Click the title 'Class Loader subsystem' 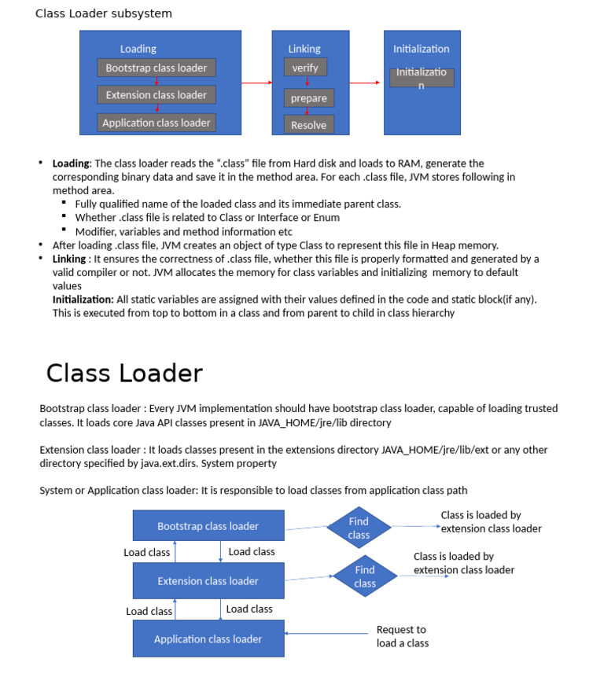coord(104,13)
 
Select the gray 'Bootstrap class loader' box coord(157,68)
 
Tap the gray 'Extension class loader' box coord(157,95)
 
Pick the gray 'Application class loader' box coord(157,123)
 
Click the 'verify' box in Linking coord(305,68)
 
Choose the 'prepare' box coord(308,98)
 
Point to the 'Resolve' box coord(308,125)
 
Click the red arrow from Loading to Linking coord(256,83)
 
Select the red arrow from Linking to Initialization coord(366,83)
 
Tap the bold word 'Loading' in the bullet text coord(71,164)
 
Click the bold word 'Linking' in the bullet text coord(69,259)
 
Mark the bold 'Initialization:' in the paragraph coord(83,300)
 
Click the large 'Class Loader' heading coord(124,373)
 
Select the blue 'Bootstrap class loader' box coord(208,526)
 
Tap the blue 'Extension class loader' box coord(208,581)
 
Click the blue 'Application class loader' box coord(208,639)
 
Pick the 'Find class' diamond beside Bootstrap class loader coord(359,528)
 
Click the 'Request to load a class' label coord(401,636)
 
